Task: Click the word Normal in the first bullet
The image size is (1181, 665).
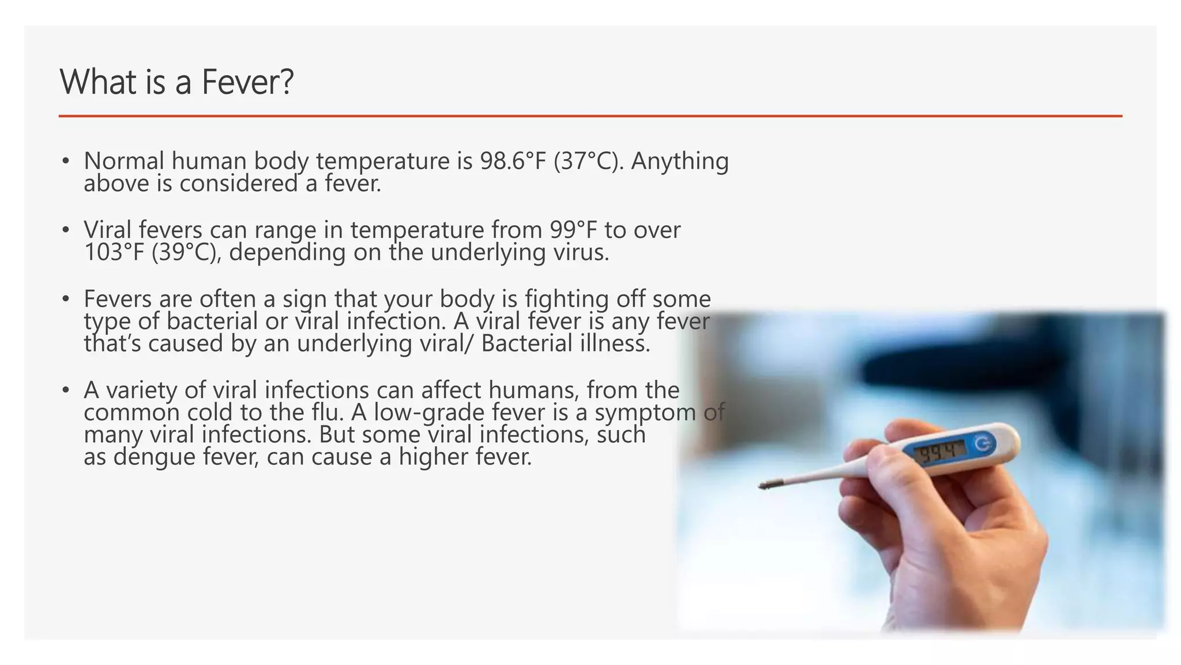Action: pos(123,161)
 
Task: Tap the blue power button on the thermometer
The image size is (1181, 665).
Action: pos(984,443)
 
